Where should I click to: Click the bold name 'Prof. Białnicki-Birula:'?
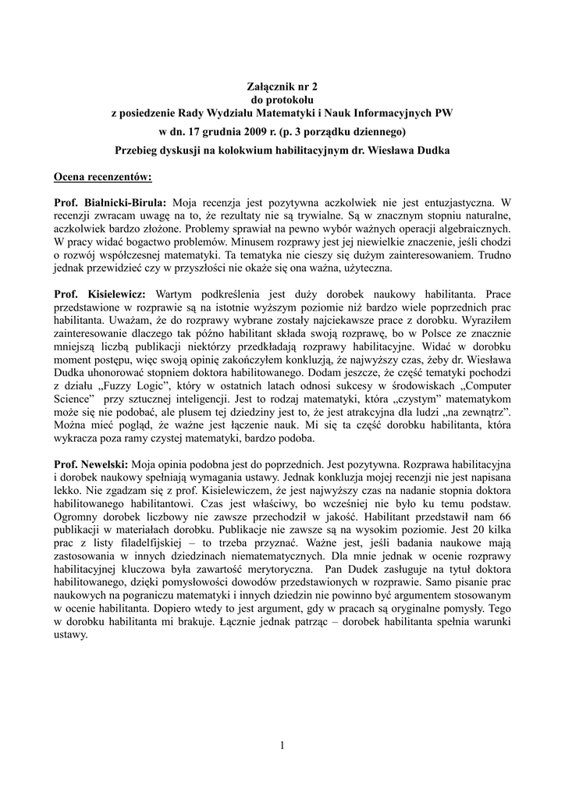110,203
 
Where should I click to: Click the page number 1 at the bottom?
282,746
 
